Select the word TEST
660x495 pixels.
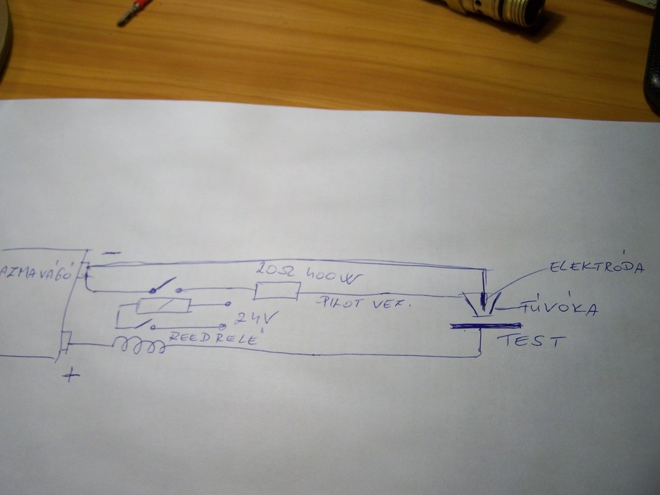click(532, 342)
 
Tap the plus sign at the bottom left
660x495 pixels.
click(70, 375)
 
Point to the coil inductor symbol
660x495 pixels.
click(138, 346)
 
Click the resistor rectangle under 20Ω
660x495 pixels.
click(276, 291)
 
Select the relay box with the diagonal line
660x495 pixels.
click(162, 306)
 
